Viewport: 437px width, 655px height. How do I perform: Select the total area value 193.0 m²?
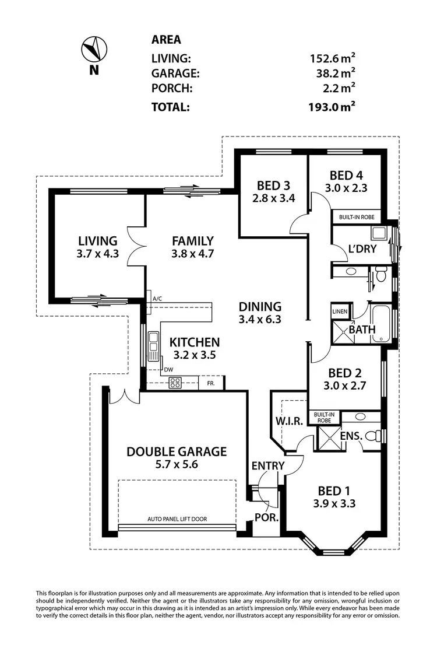point(333,107)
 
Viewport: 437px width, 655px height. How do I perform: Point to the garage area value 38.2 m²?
point(333,73)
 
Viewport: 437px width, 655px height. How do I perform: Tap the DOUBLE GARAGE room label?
point(177,451)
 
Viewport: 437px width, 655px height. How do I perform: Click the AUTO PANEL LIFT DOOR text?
point(177,519)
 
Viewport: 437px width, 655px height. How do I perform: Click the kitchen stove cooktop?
point(175,383)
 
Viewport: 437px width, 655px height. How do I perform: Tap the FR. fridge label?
point(210,383)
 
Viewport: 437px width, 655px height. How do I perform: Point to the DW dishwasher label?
point(168,369)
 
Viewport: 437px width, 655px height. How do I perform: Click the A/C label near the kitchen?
point(157,299)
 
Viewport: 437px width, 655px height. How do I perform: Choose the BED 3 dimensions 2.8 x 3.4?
point(273,198)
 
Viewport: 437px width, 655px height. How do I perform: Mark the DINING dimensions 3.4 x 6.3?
point(260,320)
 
